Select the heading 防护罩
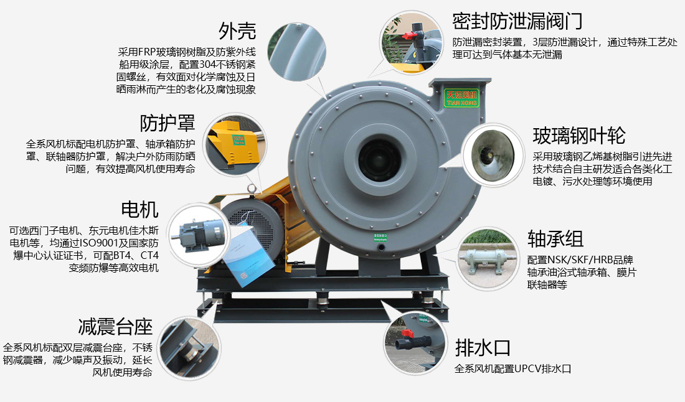click(x=167, y=123)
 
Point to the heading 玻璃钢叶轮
click(x=579, y=135)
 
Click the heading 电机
click(x=140, y=209)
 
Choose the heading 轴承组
click(x=555, y=238)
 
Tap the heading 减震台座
click(x=115, y=326)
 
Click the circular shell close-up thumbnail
click(x=301, y=49)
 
